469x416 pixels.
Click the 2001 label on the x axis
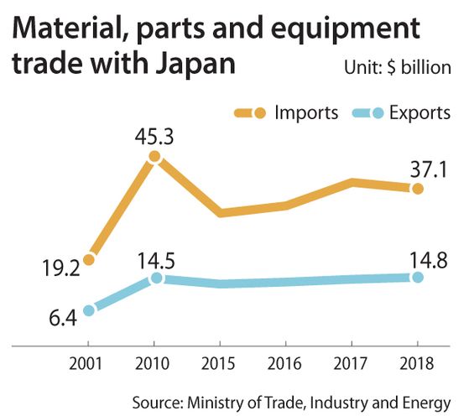pos(86,364)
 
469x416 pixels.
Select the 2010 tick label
pos(152,364)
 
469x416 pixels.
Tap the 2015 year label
pos(218,364)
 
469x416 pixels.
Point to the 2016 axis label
pos(284,364)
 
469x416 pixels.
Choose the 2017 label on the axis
pos(350,364)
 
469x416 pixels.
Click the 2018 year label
pos(416,364)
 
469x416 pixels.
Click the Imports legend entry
pos(286,113)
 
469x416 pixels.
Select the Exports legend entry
pos(401,113)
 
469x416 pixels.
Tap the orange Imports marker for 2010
pos(154,156)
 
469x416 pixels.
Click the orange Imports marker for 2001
pos(89,260)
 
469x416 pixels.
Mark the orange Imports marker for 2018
pos(418,189)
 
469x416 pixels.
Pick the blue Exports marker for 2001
pos(89,310)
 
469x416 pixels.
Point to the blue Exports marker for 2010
pos(156,278)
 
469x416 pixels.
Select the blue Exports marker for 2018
pos(418,278)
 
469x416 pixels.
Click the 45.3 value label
pos(154,138)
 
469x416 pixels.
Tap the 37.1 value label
pos(429,170)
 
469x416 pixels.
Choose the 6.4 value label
pos(63,318)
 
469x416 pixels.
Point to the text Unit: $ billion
pos(398,68)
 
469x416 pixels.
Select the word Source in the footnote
pos(158,403)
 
